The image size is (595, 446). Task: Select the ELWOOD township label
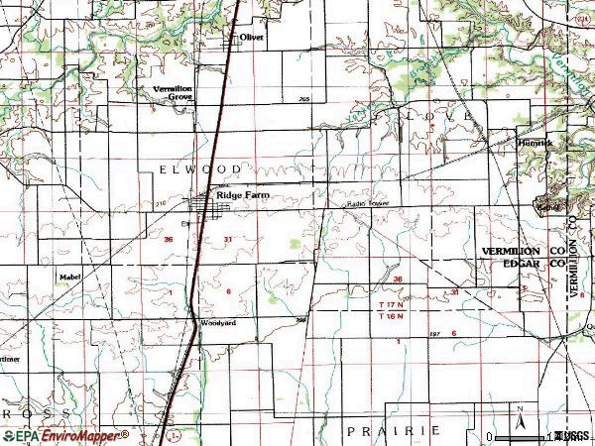[x=199, y=170]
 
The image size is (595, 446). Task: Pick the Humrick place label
[x=535, y=143]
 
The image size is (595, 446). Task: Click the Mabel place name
[x=69, y=279]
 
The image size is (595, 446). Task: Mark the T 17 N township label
[x=396, y=303]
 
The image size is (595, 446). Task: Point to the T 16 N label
[x=396, y=316]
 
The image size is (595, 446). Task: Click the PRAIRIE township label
[x=393, y=431]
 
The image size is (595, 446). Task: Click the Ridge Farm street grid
[x=212, y=205]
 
